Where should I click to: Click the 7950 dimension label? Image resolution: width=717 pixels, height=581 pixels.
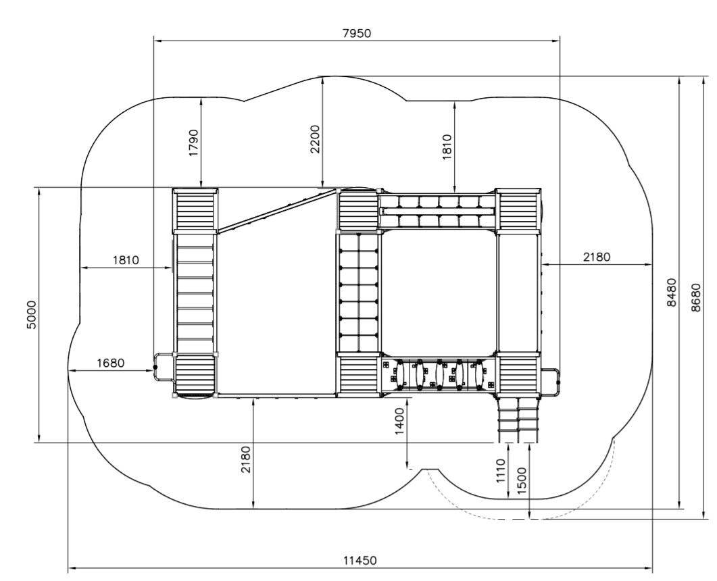[357, 33]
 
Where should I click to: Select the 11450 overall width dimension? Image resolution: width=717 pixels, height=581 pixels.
[360, 561]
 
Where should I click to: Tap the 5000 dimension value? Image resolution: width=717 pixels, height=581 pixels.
[32, 315]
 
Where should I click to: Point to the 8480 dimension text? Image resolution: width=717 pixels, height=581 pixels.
[671, 292]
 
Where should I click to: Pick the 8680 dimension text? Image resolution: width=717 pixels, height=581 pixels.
[696, 298]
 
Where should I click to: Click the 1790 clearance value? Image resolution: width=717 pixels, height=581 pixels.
[194, 143]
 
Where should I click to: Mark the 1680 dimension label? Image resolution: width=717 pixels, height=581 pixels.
[111, 363]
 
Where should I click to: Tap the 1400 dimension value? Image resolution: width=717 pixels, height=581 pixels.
[399, 422]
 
